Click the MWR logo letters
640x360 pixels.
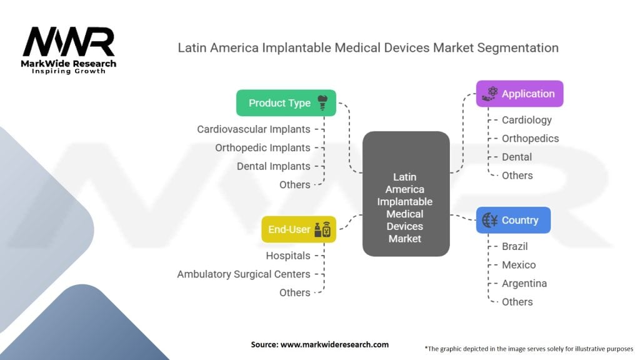click(69, 42)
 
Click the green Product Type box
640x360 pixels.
click(286, 103)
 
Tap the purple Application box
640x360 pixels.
click(519, 94)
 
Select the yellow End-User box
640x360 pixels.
click(298, 229)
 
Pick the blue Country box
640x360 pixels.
click(512, 220)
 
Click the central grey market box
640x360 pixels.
click(405, 194)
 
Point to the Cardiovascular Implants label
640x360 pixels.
click(253, 129)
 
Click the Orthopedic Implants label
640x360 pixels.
click(262, 147)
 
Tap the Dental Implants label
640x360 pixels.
click(273, 166)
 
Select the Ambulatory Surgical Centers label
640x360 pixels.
click(243, 274)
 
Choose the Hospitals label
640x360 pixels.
click(287, 256)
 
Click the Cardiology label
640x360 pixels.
click(526, 120)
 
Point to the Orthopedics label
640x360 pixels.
click(530, 139)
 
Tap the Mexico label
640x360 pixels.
click(519, 265)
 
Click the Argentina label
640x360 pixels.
click(524, 283)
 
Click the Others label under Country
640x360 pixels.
click(517, 302)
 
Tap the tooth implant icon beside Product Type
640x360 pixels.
click(323, 103)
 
